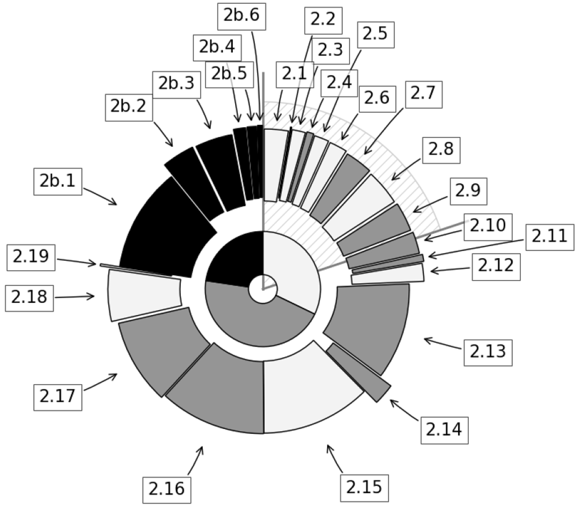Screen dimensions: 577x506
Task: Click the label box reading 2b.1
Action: [58, 181]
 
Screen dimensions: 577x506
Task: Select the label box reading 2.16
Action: [166, 490]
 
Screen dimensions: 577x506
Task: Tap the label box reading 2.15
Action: [364, 488]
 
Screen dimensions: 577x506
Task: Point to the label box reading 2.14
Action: [445, 430]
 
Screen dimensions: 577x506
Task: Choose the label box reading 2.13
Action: [488, 353]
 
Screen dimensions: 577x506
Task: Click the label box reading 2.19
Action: [31, 257]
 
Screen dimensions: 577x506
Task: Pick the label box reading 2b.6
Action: [242, 16]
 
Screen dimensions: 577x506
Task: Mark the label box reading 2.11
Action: [550, 237]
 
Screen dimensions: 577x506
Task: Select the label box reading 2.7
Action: [424, 95]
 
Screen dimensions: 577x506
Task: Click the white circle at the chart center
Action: [263, 289]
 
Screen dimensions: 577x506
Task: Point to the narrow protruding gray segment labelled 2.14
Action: [359, 373]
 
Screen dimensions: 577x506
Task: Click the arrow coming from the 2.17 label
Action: [100, 382]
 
